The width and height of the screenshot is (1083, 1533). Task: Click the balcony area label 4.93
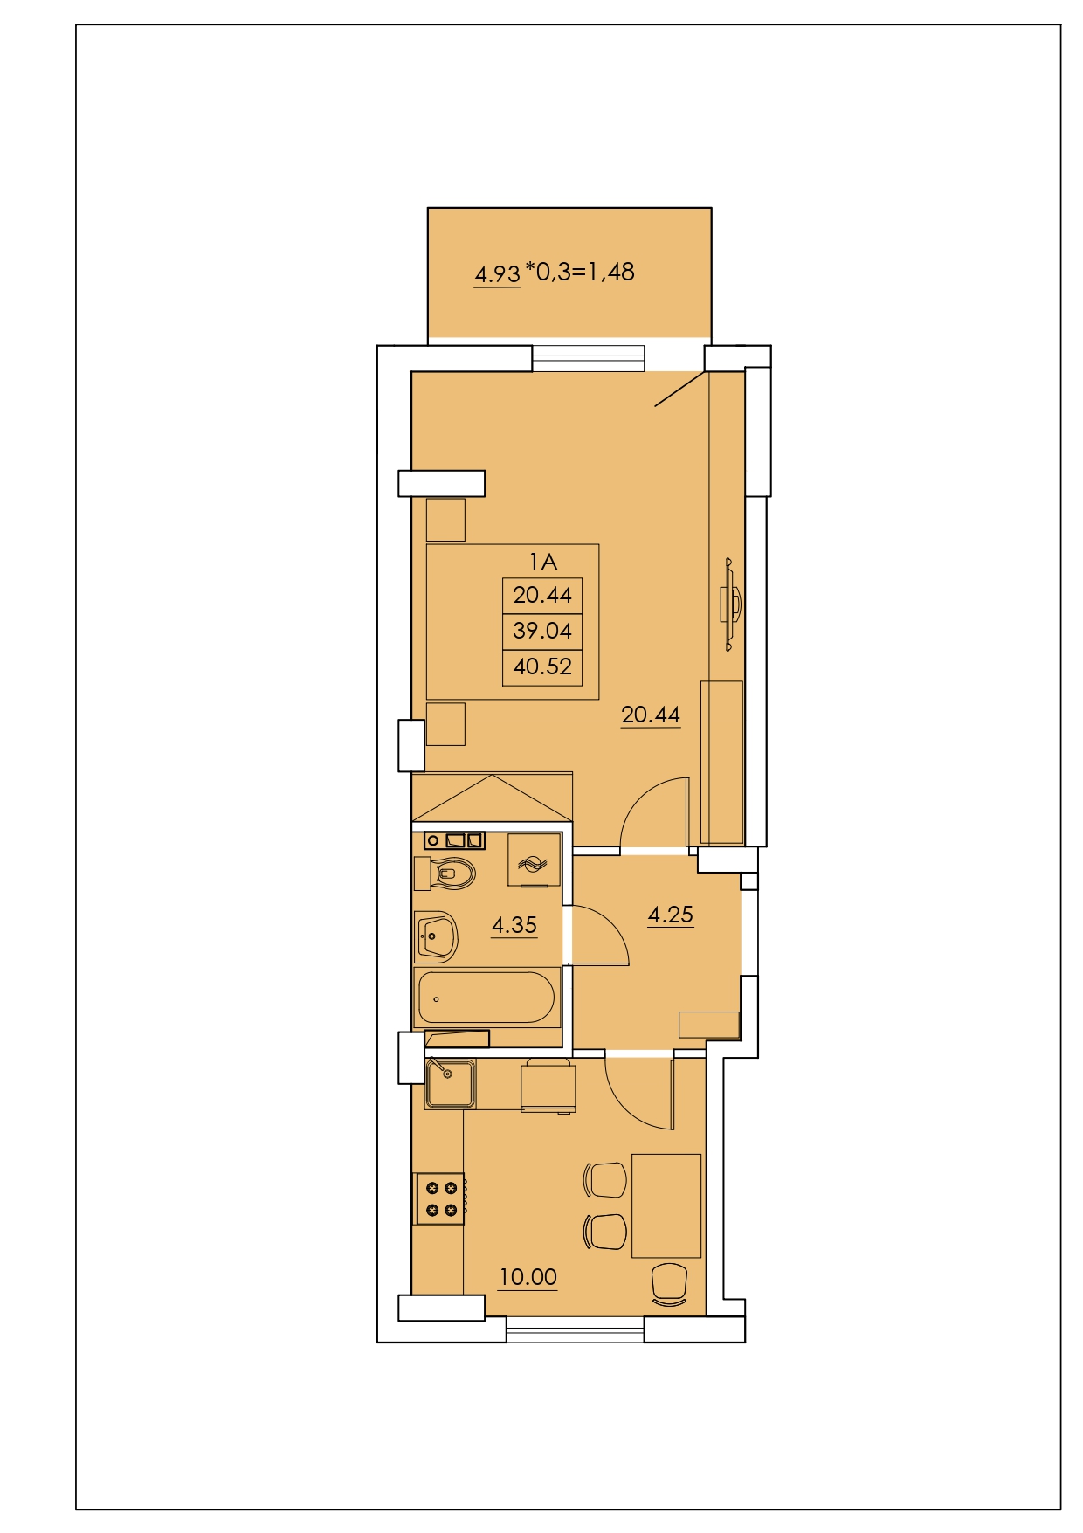(497, 274)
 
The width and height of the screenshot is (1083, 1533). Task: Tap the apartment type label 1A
(542, 562)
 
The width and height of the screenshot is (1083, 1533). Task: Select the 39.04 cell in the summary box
(542, 631)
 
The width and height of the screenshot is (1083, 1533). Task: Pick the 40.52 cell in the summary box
(542, 666)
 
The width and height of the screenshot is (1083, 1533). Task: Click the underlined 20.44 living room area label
(651, 715)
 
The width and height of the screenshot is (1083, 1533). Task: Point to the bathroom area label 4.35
(514, 925)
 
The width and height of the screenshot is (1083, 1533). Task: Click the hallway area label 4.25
(671, 915)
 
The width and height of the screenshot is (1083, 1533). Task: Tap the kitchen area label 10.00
(528, 1277)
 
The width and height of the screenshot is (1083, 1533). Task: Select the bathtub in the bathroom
(486, 998)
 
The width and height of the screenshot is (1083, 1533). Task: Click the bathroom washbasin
(436, 937)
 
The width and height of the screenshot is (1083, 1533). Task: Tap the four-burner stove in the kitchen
(440, 1198)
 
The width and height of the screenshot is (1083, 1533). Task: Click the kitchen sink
(451, 1083)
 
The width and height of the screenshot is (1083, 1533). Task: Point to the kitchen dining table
(666, 1205)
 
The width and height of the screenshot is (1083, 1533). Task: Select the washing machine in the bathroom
(534, 860)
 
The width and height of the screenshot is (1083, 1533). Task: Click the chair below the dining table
(670, 1284)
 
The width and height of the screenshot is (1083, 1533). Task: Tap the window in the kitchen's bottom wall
(576, 1329)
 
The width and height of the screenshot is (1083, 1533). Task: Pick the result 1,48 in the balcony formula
(610, 273)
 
